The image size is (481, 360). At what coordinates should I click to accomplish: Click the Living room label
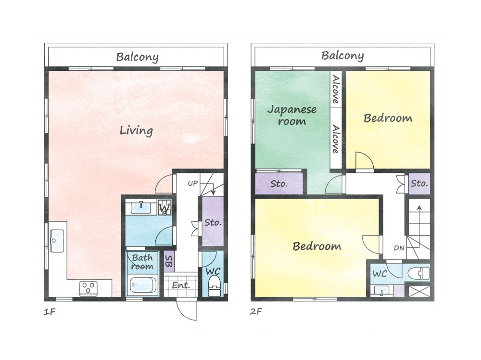point(136,130)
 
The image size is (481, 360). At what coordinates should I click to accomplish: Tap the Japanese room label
point(292,115)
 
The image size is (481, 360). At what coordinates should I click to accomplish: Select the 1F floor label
point(50,312)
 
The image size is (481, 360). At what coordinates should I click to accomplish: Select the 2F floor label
point(256,311)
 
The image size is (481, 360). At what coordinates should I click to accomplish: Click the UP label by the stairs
point(193,183)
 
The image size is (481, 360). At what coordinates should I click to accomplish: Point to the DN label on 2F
point(399,248)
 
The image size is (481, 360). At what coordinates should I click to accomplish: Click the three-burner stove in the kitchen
point(89,288)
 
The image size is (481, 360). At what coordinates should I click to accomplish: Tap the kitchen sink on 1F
point(57,241)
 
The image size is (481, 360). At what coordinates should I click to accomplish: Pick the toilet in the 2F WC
point(419,273)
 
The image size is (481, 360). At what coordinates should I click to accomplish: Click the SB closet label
point(169,261)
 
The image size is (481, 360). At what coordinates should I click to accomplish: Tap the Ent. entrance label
point(181,285)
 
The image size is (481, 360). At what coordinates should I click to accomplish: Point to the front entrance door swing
point(187,310)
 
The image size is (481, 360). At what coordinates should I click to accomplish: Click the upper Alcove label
point(336,89)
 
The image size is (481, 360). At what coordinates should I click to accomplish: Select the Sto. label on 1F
point(213,222)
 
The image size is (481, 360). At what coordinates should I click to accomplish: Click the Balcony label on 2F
point(342,55)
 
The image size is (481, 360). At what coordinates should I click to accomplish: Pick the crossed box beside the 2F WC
point(419,291)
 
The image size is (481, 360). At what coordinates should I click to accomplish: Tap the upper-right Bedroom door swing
point(365,160)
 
